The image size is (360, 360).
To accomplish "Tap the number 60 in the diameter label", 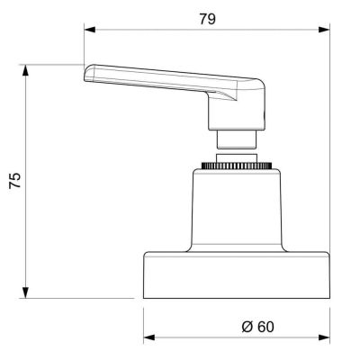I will [x=263, y=327].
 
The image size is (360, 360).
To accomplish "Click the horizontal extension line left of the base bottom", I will [x=81, y=297].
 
